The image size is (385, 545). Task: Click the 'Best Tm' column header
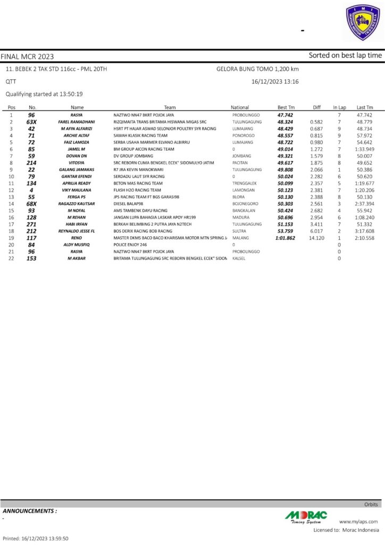click(286, 108)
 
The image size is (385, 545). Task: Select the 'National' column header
click(240, 108)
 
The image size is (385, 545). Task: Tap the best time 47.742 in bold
click(286, 115)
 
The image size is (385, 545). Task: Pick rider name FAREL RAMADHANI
click(77, 122)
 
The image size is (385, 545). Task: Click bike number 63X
click(31, 122)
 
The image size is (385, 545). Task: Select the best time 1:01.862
click(285, 238)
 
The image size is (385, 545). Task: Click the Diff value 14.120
click(316, 238)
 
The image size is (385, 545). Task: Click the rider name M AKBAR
click(77, 258)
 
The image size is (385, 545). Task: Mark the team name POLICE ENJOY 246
click(130, 244)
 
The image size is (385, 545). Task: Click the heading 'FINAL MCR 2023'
click(27, 56)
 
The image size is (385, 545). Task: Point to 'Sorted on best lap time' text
click(345, 55)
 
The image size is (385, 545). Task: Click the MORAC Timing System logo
click(306, 516)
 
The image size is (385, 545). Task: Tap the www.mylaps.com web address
click(358, 522)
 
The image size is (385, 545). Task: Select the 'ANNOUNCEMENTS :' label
click(30, 511)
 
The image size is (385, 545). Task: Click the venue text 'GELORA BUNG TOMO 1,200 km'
click(257, 69)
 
